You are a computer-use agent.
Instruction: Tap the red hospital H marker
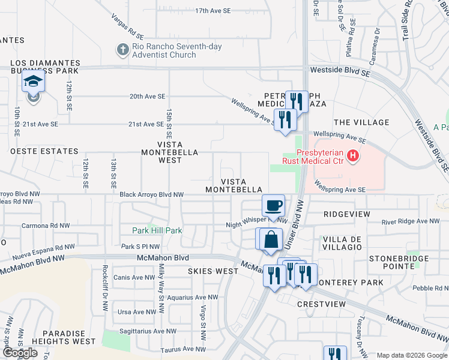(354, 157)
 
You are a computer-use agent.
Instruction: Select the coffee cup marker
(273, 206)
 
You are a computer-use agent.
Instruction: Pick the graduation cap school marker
(33, 81)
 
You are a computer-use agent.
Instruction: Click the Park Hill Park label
(157, 230)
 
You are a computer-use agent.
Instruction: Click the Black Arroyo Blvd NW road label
(151, 194)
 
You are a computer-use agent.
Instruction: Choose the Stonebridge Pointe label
(399, 263)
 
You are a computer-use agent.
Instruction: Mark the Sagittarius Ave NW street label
(147, 331)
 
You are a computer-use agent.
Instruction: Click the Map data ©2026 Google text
(411, 355)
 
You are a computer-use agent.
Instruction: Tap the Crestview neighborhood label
(321, 304)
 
